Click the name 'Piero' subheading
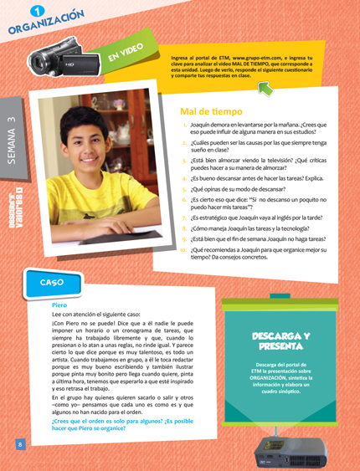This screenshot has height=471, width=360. [59, 306]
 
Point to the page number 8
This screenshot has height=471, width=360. [19, 443]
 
